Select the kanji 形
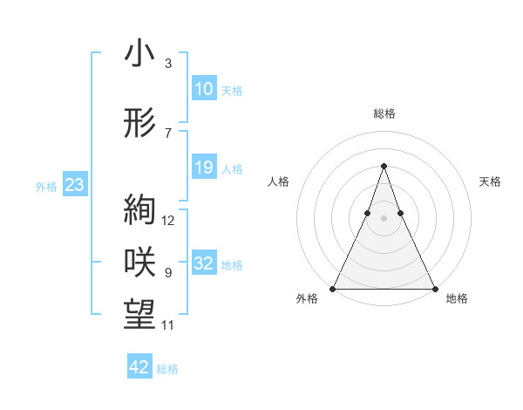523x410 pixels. coord(139,124)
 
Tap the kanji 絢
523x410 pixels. coord(139,210)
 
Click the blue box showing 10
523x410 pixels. coord(203,89)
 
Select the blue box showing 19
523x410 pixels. coord(203,167)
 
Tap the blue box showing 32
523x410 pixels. coord(203,263)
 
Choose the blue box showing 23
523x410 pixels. coord(74,185)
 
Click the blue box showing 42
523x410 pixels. coord(139,367)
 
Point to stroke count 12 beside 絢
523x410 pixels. coord(168,220)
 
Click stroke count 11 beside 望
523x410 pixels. coord(168,325)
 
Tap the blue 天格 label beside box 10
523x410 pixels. coord(232,90)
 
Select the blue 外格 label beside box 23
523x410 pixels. coord(46,186)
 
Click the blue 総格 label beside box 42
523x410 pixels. coord(167,368)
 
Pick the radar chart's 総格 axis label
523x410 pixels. coord(384,113)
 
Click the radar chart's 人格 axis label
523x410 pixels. coord(279,181)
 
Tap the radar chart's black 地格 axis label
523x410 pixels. coord(457,298)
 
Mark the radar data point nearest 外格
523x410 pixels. coord(333,289)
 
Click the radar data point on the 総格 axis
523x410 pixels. coord(384,166)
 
